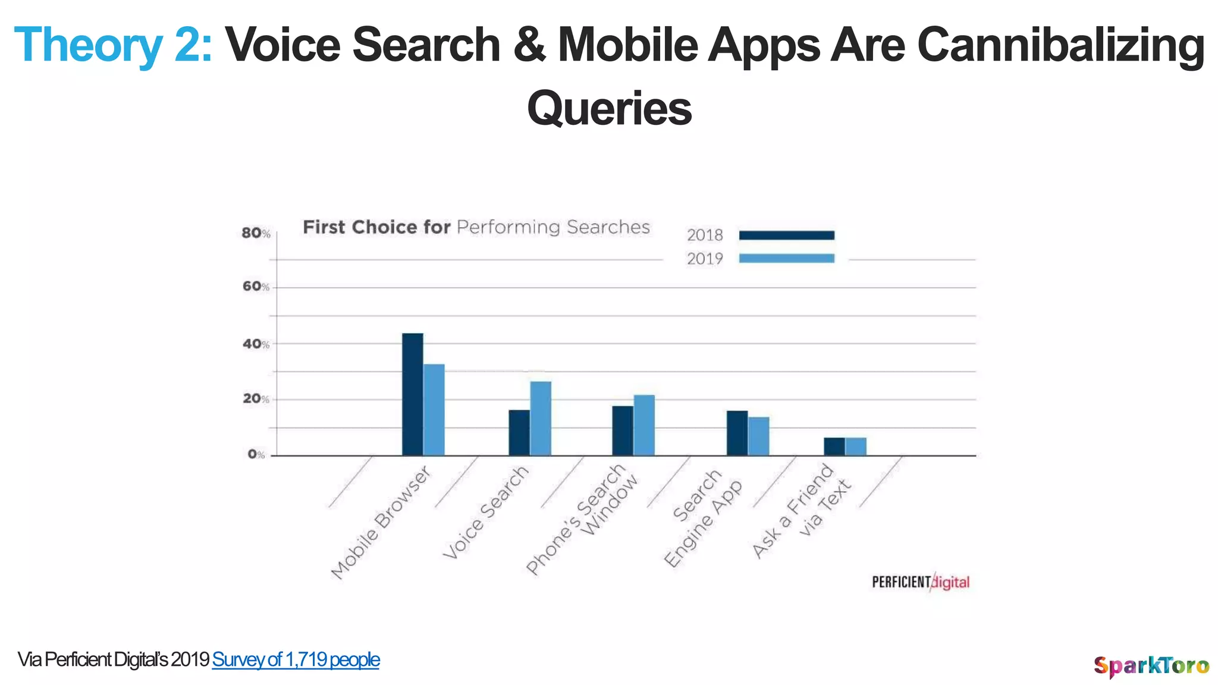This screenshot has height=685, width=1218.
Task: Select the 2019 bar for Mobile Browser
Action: click(434, 410)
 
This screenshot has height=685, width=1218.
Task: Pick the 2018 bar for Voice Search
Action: click(519, 432)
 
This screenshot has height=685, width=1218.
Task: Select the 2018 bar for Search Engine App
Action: click(737, 433)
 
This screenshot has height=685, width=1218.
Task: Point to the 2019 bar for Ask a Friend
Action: click(855, 447)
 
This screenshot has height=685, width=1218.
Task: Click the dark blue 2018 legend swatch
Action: click(786, 235)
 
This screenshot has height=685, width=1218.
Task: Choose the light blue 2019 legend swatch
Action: click(786, 258)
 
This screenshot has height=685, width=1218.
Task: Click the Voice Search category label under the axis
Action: click(486, 513)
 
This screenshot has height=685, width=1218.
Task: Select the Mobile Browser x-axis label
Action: click(381, 523)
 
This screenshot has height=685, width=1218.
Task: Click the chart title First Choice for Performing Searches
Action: click(476, 227)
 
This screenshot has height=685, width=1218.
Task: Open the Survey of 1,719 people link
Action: click(296, 659)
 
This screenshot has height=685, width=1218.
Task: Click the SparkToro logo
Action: click(1151, 665)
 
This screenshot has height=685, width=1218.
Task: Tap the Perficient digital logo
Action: click(920, 582)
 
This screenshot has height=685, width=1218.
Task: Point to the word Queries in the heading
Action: click(609, 109)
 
